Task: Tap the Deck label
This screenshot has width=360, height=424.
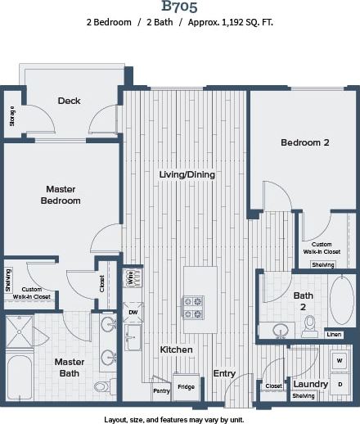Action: click(69, 101)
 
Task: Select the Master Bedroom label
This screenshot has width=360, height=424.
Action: click(61, 194)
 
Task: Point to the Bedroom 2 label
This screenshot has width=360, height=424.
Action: click(304, 142)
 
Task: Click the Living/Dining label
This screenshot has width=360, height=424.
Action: click(186, 174)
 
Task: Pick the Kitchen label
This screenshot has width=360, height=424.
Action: click(176, 350)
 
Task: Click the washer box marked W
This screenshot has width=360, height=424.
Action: click(340, 360)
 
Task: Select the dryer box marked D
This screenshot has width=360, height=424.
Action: click(340, 383)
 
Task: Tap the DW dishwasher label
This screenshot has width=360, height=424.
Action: click(133, 312)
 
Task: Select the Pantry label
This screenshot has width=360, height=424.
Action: click(161, 390)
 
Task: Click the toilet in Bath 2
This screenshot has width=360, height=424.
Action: click(309, 327)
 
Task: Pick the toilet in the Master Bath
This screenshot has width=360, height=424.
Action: click(101, 386)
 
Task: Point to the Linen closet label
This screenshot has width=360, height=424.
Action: click(334, 334)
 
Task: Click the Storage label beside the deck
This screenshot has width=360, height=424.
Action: click(11, 117)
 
